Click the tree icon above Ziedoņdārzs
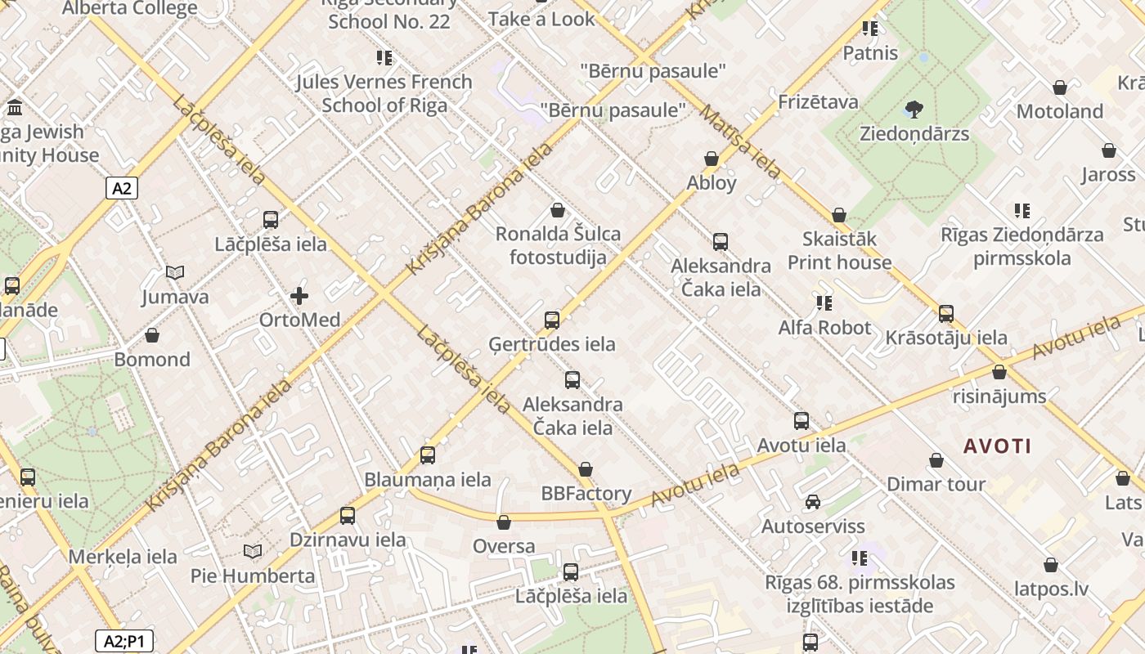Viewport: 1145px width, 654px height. coord(914,109)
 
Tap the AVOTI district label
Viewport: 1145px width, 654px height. coord(997,446)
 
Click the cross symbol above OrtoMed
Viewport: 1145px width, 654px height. coord(299,295)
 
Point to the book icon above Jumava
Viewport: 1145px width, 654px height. coord(175,272)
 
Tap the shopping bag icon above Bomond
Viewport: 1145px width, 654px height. coord(152,335)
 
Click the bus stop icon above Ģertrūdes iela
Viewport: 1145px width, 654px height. coord(552,320)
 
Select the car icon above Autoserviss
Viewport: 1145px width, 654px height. coord(812,502)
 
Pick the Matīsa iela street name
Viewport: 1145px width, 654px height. coord(739,141)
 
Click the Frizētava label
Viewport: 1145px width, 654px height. coord(818,102)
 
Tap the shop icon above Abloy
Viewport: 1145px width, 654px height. coord(712,159)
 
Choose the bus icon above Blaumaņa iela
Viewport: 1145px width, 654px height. coord(428,455)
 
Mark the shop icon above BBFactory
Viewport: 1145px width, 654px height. coord(586,469)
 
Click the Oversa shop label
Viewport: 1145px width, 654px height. coord(504,546)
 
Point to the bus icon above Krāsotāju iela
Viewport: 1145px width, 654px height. coord(946,313)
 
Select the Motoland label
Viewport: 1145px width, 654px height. coord(1059,111)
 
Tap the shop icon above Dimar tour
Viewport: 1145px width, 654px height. coord(936,460)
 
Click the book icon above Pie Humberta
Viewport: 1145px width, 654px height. coord(253,552)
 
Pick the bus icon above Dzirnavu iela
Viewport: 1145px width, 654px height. coord(348,515)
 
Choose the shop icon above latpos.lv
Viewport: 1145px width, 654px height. coord(1051,565)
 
